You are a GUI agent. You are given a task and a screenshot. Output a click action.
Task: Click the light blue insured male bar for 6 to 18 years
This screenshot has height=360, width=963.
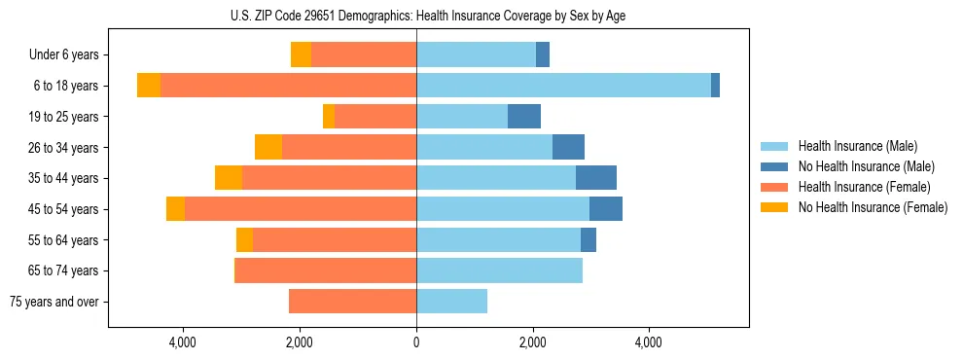563,86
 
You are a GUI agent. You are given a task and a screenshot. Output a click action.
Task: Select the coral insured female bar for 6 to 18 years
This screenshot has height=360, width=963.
288,86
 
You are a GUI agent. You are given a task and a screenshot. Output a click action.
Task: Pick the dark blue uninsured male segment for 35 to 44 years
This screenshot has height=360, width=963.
596,178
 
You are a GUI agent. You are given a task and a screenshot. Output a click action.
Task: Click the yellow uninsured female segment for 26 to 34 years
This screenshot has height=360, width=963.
268,147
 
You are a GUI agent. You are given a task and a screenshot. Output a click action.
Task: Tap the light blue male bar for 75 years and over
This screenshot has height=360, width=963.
451,302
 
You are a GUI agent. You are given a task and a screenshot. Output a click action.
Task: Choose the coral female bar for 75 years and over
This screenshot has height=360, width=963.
352,302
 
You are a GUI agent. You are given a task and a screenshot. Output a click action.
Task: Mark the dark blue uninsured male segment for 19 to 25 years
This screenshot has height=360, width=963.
524,117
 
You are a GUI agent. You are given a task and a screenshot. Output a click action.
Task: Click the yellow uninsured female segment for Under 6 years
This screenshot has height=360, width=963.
301,55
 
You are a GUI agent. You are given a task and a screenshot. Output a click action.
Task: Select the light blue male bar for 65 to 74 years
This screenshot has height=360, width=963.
499,270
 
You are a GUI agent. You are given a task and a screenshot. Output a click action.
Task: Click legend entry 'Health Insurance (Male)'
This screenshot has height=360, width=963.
857,146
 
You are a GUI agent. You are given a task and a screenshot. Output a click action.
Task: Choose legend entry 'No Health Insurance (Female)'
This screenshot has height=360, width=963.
873,207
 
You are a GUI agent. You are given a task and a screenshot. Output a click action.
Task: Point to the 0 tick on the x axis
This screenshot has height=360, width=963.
416,342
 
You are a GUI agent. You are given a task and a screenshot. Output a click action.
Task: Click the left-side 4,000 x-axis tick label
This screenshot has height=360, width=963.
183,342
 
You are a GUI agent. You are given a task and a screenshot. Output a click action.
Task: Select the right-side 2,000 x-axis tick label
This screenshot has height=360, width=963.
532,342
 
